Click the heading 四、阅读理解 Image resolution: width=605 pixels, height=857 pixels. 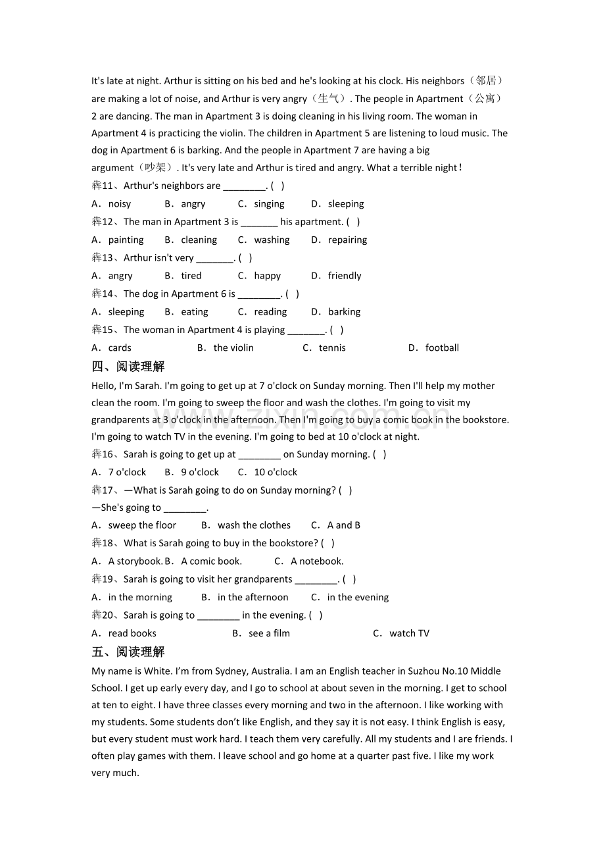[x=128, y=367]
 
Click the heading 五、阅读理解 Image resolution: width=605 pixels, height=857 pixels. [x=128, y=652]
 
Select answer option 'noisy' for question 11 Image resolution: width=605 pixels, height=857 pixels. [x=120, y=204]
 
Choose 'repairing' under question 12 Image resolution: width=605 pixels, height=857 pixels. [x=347, y=240]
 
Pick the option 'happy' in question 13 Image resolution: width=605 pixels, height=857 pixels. [x=267, y=276]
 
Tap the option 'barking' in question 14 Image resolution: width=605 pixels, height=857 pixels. [x=344, y=312]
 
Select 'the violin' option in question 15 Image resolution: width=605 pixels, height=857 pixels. [x=233, y=348]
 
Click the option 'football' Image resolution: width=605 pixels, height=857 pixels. [x=442, y=348]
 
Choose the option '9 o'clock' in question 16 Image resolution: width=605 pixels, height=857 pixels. [x=200, y=473]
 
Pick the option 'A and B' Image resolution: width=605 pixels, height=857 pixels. [x=343, y=525]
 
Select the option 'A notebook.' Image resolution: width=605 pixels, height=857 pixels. [x=317, y=561]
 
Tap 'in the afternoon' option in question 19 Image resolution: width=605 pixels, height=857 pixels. [x=253, y=598]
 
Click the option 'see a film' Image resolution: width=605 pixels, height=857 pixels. [x=269, y=634]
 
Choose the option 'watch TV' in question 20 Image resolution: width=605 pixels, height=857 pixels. [x=409, y=634]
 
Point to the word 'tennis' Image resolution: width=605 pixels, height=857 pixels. [x=332, y=348]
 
